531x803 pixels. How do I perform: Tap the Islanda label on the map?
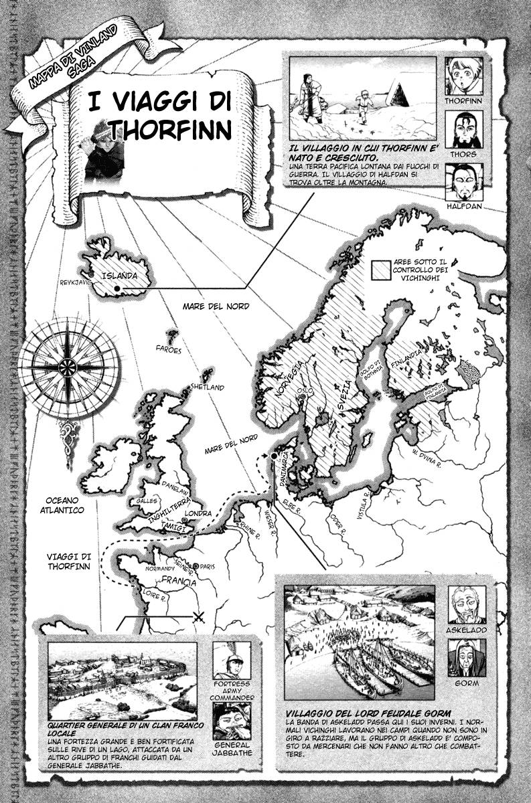[119, 275]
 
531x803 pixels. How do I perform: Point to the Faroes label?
[169, 349]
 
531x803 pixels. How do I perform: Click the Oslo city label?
[305, 390]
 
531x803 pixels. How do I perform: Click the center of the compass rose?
[68, 366]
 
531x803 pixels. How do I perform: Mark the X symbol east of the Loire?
[198, 617]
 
